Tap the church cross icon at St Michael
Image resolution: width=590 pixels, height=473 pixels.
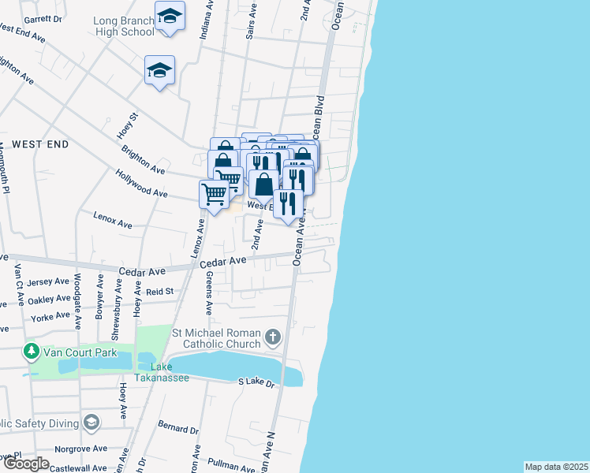[x=272, y=338]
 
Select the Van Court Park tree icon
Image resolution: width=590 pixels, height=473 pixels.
[x=32, y=349]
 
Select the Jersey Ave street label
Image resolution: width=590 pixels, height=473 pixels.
[x=48, y=281]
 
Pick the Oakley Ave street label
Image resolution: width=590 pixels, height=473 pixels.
[x=48, y=300]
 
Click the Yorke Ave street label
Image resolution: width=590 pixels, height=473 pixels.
[x=50, y=316]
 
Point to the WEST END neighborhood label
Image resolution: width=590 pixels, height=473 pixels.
[x=39, y=145]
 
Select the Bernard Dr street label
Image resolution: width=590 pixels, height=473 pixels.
[x=178, y=430]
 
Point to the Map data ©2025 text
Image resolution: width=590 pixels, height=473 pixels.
[x=556, y=467]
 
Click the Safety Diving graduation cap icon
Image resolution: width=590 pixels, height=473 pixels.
[x=91, y=423]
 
